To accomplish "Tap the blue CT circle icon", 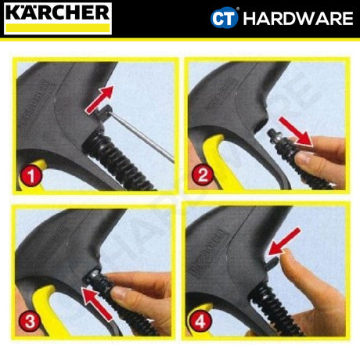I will tap(223, 17).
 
